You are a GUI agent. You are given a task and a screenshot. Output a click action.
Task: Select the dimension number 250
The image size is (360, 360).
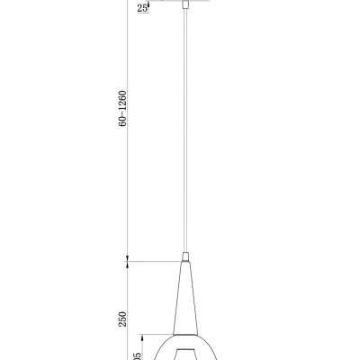pyautogui.click(x=122, y=318)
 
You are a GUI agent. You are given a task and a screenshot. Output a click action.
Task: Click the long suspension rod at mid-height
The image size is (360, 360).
pyautogui.click(x=186, y=135)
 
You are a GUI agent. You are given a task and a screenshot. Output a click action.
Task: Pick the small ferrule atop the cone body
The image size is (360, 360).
pyautogui.click(x=186, y=256)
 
